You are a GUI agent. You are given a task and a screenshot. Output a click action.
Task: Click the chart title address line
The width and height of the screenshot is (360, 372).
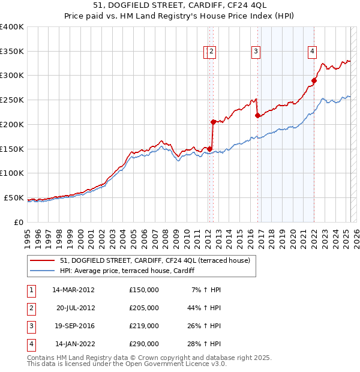pyautogui.click(x=180, y=5)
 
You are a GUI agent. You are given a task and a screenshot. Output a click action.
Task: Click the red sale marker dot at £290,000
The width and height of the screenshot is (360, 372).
pyautogui.click(x=314, y=80)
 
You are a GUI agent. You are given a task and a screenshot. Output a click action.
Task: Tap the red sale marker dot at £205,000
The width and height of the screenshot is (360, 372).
pyautogui.click(x=213, y=122)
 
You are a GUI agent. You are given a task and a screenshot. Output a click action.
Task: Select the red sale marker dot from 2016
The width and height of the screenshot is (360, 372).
pyautogui.click(x=257, y=115)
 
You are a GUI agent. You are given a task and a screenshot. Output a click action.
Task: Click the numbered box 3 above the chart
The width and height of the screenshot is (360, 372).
pyautogui.click(x=256, y=52)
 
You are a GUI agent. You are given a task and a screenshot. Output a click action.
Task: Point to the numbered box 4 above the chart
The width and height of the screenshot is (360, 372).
pyautogui.click(x=313, y=52)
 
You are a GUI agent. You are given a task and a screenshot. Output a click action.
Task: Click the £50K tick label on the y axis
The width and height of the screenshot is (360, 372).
pyautogui.click(x=14, y=197)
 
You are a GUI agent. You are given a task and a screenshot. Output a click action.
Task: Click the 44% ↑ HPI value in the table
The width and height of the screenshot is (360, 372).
pyautogui.click(x=204, y=308)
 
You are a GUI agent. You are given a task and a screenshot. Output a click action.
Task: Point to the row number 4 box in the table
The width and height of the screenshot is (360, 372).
pyautogui.click(x=31, y=344)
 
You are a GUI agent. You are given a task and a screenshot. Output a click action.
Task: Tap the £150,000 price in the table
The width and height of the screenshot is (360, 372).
pyautogui.click(x=144, y=290)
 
